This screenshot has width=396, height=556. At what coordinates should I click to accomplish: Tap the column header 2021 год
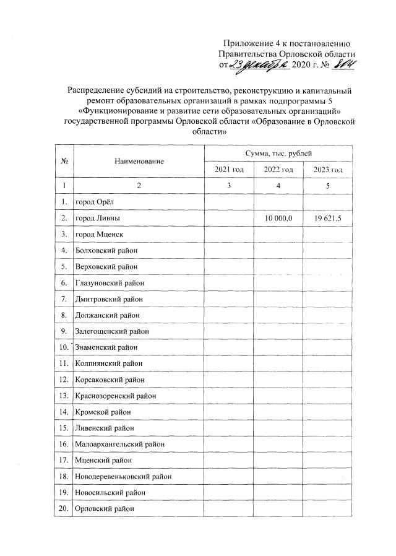point(229,170)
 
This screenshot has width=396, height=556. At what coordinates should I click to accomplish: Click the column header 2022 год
point(279,170)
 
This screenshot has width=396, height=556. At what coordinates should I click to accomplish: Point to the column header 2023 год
point(329,170)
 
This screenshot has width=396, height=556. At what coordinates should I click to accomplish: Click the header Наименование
point(139,161)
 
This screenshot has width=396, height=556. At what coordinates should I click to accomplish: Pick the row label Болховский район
point(105,251)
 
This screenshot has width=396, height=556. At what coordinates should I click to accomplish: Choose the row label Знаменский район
point(105,347)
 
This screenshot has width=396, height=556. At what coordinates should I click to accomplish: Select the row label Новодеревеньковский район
point(123,476)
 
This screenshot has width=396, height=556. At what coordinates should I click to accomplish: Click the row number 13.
point(64,396)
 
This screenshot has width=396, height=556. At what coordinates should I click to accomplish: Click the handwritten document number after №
point(345,65)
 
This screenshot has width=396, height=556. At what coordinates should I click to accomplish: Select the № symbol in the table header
point(64,161)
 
